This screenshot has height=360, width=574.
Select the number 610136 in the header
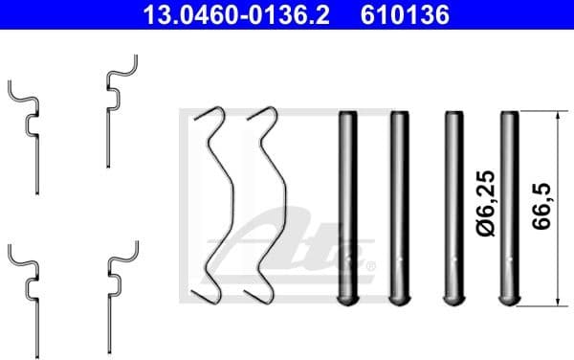tap(405, 16)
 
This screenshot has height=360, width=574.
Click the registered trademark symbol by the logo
tap(370, 265)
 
